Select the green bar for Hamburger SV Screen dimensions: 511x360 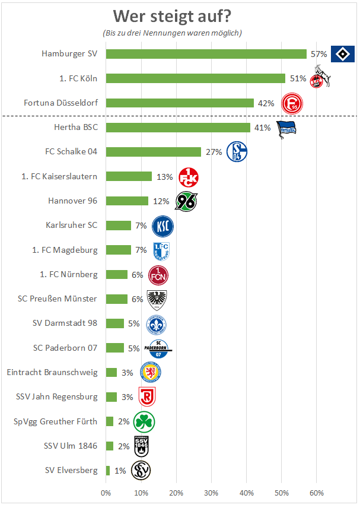tap(206, 54)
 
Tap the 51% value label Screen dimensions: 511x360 tap(298, 78)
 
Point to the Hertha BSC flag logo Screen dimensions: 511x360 tap(288, 128)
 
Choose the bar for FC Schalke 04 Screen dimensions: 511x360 tap(153, 152)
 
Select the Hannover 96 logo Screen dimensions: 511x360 tap(186, 202)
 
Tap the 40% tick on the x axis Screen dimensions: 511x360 tap(246, 493)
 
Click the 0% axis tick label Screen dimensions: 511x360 tap(106, 493)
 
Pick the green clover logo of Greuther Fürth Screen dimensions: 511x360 tap(144, 422)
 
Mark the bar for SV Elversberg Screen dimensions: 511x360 tap(108, 471)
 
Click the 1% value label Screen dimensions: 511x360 tap(120, 471)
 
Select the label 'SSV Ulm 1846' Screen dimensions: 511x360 tap(71, 446)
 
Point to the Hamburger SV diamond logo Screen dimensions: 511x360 tap(342, 54)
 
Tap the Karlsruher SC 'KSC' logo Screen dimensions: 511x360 tap(163, 226)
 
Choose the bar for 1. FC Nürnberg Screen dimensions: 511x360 tap(116, 274)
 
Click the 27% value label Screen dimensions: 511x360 tap(214, 152)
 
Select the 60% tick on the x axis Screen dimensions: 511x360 tap(316, 493)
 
